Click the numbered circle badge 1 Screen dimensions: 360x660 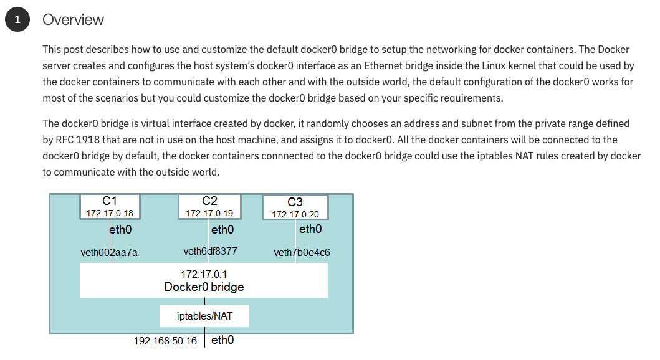(17, 20)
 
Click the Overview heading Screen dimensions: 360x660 (73, 20)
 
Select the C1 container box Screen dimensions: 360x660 (110, 206)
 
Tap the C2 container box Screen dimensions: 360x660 (209, 206)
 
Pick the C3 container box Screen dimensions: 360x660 (295, 207)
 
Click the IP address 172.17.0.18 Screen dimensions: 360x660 (110, 213)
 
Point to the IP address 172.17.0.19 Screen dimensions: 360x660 (209, 213)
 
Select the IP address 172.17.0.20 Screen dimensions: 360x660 (295, 214)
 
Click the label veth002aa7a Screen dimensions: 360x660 (109, 252)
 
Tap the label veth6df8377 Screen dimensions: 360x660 (210, 252)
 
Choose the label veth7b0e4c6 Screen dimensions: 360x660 (302, 252)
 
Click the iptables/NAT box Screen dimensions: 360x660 (204, 316)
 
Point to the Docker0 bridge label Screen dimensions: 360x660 (204, 287)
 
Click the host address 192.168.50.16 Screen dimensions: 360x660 (165, 341)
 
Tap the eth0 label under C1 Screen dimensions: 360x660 (120, 230)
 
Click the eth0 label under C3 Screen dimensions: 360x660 (310, 229)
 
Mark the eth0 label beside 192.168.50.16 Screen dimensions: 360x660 (222, 341)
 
